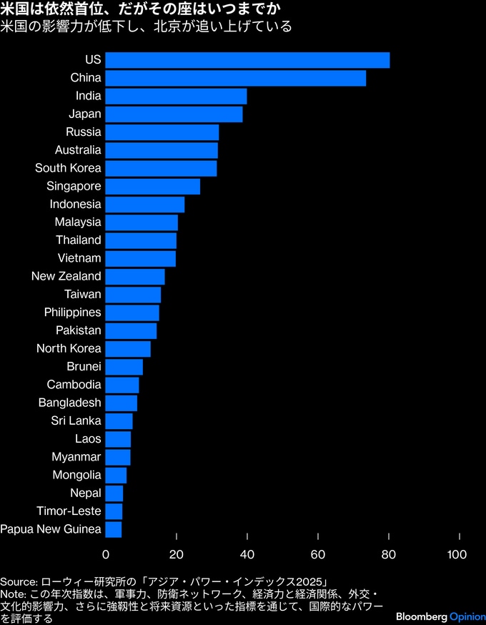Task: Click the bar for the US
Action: [247, 60]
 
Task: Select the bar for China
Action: [235, 78]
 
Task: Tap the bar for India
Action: [176, 96]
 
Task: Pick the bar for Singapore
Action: [152, 186]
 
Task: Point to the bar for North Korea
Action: [128, 348]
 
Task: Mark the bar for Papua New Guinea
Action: [113, 529]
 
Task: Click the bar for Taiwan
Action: [133, 295]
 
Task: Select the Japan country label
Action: [85, 114]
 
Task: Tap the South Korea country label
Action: [69, 168]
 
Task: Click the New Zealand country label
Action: [66, 276]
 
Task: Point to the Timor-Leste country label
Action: [69, 511]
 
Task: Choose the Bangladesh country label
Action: [70, 403]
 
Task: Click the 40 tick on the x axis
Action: [247, 554]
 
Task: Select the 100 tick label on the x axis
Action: [457, 554]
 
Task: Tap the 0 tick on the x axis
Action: [106, 554]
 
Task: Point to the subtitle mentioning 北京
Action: [147, 28]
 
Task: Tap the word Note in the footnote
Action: [14, 594]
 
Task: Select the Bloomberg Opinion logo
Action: [439, 616]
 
